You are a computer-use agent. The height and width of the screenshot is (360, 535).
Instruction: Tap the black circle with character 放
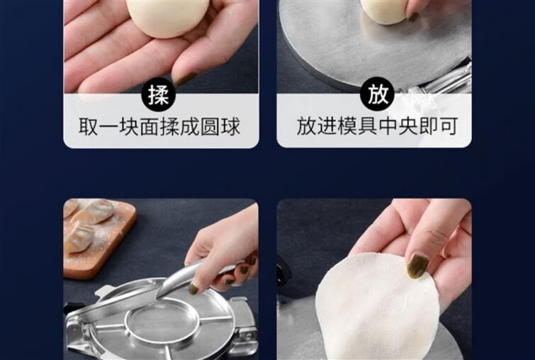[x=378, y=94]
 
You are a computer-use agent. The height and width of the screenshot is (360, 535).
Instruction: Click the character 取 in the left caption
[x=89, y=127]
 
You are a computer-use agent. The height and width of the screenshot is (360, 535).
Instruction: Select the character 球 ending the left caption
[x=230, y=127]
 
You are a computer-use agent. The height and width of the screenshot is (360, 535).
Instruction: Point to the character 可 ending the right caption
[x=448, y=126]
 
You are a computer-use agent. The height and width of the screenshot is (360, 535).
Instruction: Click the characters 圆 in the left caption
[x=210, y=127]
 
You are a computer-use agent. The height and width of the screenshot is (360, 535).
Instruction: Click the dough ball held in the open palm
[x=167, y=17]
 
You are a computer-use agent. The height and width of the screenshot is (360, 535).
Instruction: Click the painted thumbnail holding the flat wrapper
[x=417, y=266]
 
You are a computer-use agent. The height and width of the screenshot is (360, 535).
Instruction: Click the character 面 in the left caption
[x=150, y=127]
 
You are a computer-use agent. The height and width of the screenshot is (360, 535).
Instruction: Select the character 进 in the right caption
[x=327, y=126]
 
